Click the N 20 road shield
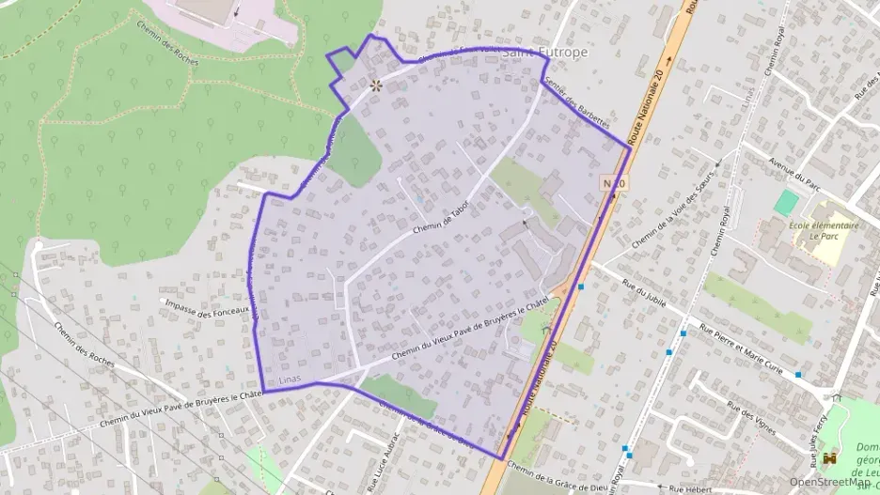coord(614,183)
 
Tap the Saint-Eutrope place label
coord(545,53)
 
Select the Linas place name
coord(293,380)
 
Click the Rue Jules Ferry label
coord(817,439)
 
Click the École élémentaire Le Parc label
coord(824,231)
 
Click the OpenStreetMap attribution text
coord(830,481)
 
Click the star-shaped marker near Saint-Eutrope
coord(376,85)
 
